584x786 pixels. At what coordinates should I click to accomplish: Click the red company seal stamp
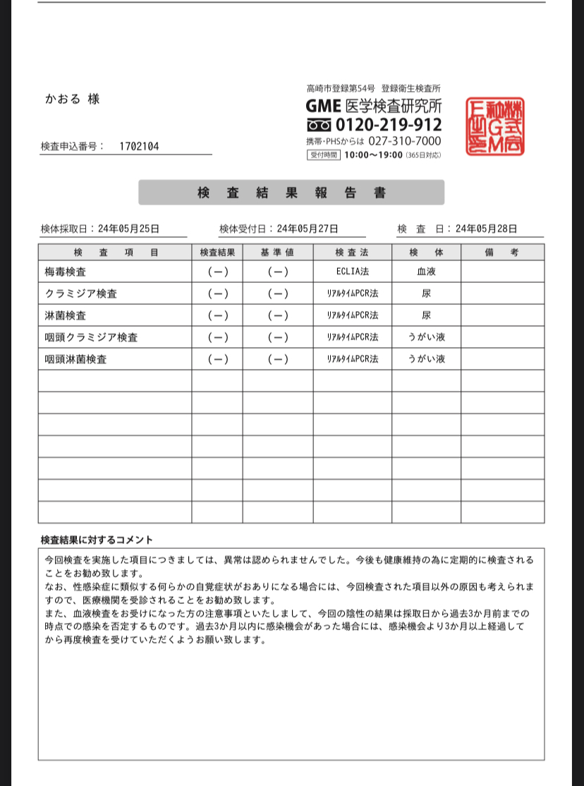pos(495,127)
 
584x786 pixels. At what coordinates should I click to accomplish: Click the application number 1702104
pos(139,146)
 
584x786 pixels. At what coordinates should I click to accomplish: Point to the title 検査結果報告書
pos(291,193)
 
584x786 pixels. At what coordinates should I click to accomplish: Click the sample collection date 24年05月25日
pos(129,229)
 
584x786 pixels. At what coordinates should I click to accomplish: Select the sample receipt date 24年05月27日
pos(308,229)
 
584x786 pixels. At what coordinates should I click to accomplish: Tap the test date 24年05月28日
pos(487,229)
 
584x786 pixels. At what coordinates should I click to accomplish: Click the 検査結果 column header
pos(217,252)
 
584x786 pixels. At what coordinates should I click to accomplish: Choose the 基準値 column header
pos(278,252)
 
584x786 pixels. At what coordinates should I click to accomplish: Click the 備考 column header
pos(502,252)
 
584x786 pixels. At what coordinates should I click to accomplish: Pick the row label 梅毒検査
pos(65,272)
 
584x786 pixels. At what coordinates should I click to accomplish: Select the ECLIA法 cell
pos(353,272)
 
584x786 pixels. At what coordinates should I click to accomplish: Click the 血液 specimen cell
pos(426,272)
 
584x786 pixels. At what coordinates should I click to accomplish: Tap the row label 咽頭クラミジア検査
pos(91,337)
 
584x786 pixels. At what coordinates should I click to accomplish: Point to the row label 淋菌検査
pos(65,315)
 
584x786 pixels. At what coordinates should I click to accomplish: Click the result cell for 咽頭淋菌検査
pos(217,359)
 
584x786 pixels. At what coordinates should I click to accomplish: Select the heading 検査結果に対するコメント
pos(97,540)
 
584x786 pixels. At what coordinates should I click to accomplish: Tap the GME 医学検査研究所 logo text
pos(374,106)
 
